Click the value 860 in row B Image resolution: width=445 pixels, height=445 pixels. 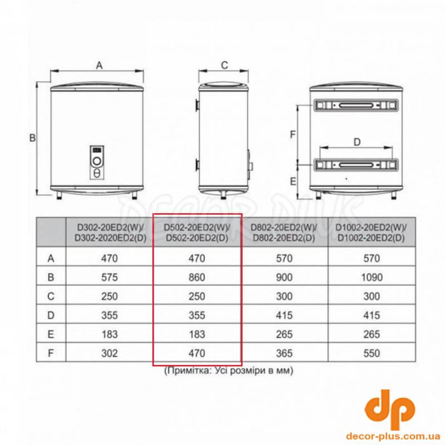tap(197, 277)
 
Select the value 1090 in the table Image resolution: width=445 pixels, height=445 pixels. tap(372, 277)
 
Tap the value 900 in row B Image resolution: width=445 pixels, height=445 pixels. tap(284, 277)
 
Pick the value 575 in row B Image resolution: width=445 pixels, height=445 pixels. tap(110, 277)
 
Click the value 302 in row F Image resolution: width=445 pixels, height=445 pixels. tap(110, 353)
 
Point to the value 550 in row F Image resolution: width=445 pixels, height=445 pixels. tap(372, 353)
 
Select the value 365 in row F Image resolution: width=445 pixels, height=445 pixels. tap(284, 353)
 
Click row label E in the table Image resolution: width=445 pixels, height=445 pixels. tap(51, 334)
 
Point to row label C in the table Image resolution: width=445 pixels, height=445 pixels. tap(51, 296)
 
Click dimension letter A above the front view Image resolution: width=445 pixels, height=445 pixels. tap(99, 65)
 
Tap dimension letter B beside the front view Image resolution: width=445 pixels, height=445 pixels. tap(33, 137)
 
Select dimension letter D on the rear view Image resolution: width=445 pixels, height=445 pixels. tap(357, 142)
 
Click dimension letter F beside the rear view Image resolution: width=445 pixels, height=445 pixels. tap(293, 134)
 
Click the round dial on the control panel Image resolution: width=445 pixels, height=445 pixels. tap(97, 161)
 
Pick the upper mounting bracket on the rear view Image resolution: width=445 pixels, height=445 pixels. tap(356, 105)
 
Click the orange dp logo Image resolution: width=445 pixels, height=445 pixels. tap(390, 409)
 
